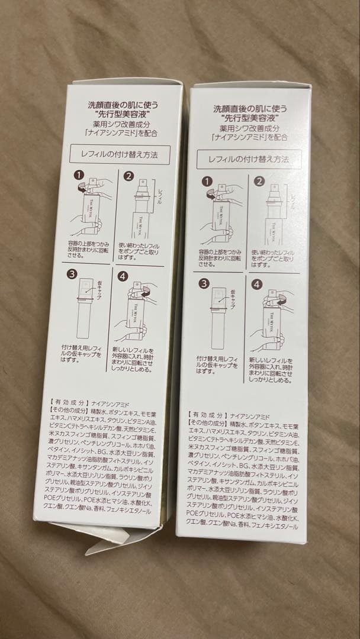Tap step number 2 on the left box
[130, 176]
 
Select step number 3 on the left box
[73, 275]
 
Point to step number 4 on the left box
[123, 276]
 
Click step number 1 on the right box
[207, 182]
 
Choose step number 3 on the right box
[203, 284]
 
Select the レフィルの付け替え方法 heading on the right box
[248, 159]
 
